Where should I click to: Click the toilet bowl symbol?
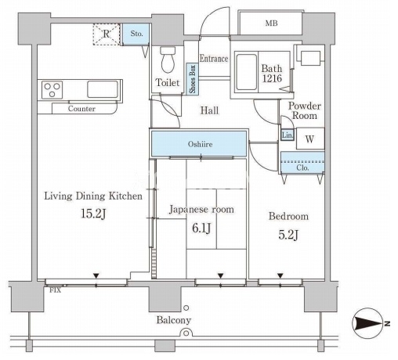pyautogui.click(x=168, y=59)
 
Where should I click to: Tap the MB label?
pyautogui.click(x=271, y=23)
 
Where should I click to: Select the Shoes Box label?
pyautogui.click(x=193, y=79)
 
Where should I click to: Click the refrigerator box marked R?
pyautogui.click(x=107, y=34)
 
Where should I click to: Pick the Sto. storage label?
pyautogui.click(x=136, y=34)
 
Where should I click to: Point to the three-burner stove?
pyautogui.click(x=52, y=90)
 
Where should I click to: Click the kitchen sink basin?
pyautogui.click(x=103, y=89)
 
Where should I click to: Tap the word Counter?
pyautogui.click(x=81, y=109)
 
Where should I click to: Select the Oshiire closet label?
pyautogui.click(x=200, y=144)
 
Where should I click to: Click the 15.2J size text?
pyautogui.click(x=93, y=214)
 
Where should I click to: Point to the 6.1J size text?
pyautogui.click(x=201, y=229)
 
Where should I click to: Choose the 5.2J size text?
pyautogui.click(x=288, y=235)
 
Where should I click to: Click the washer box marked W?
pyautogui.click(x=310, y=139)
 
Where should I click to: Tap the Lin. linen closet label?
pyautogui.click(x=288, y=135)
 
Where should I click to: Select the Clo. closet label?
pyautogui.click(x=302, y=167)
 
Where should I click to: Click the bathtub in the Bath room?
pyautogui.click(x=247, y=72)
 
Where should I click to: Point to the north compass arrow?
pyautogui.click(x=369, y=324)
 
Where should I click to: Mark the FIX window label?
pyautogui.click(x=56, y=290)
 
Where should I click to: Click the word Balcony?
pyautogui.click(x=174, y=320)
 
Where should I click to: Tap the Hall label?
pyautogui.click(x=209, y=110)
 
